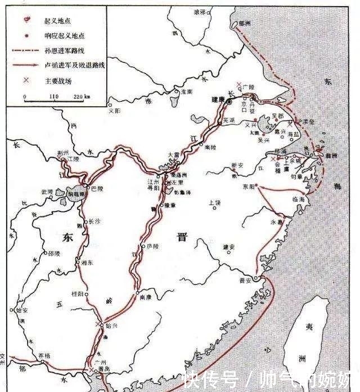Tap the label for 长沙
(95, 222)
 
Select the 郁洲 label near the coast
(244, 24)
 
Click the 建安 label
(228, 246)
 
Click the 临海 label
(298, 199)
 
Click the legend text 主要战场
(58, 80)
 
